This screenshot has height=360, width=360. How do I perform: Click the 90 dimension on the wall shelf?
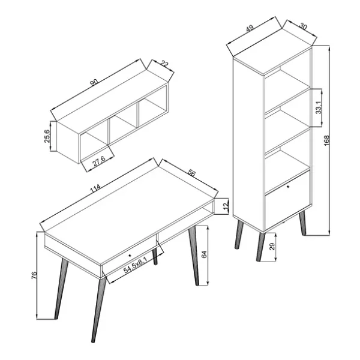pyautogui.click(x=94, y=82)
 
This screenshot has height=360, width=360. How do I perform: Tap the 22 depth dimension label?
pyautogui.click(x=164, y=64)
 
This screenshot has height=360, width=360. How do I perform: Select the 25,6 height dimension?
pyautogui.click(x=47, y=136)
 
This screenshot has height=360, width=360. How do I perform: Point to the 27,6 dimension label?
pyautogui.click(x=99, y=163)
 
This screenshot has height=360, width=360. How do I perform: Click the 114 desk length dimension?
pyautogui.click(x=95, y=188)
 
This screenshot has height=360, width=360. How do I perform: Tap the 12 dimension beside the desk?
pyautogui.click(x=226, y=206)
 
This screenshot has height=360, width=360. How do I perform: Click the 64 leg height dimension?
pyautogui.click(x=204, y=254)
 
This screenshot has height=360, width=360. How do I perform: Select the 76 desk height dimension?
pyautogui.click(x=34, y=275)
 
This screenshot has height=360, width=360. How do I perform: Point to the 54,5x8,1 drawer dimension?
pyautogui.click(x=135, y=265)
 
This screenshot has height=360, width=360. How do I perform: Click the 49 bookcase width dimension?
pyautogui.click(x=250, y=29)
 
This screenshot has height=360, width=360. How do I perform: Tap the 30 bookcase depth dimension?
pyautogui.click(x=303, y=27)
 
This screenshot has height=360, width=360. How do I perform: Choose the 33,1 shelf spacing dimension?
pyautogui.click(x=319, y=107)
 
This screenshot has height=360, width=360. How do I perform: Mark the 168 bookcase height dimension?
pyautogui.click(x=326, y=140)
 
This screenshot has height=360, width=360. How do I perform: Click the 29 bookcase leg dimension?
pyautogui.click(x=272, y=247)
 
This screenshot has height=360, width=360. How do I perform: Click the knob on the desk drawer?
pyautogui.click(x=130, y=255)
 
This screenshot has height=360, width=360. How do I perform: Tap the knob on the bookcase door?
pyautogui.click(x=289, y=187)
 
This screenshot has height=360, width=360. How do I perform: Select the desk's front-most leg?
pyautogui.click(x=99, y=310)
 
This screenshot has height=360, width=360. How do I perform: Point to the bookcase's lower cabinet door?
pyautogui.click(x=287, y=200)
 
